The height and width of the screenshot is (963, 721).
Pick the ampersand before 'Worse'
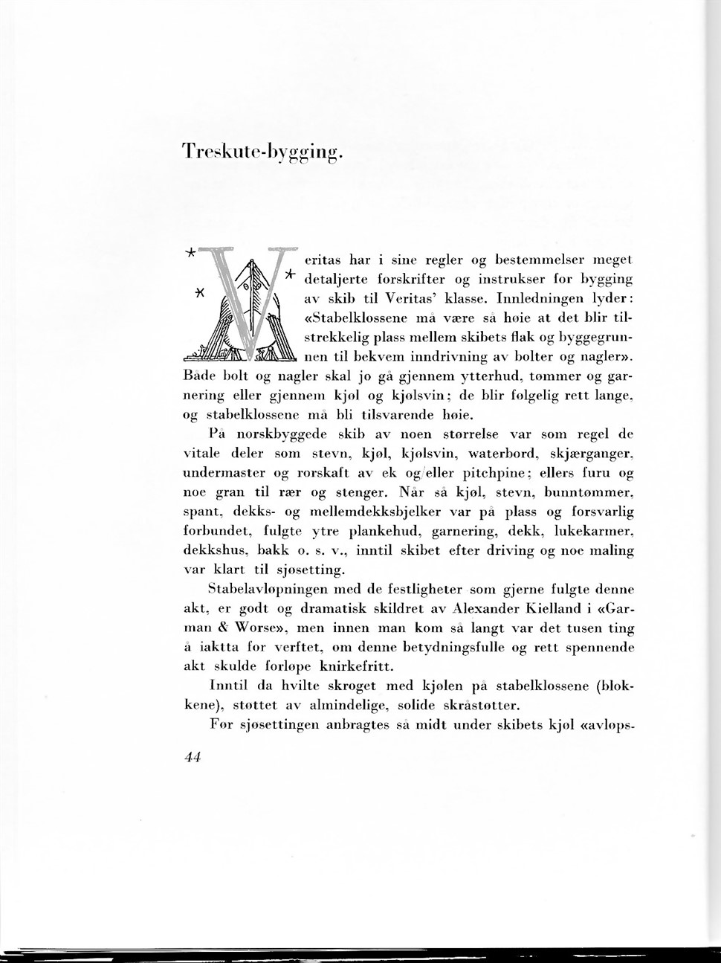tap(223, 628)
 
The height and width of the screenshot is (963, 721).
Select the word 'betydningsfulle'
tap(451, 647)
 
